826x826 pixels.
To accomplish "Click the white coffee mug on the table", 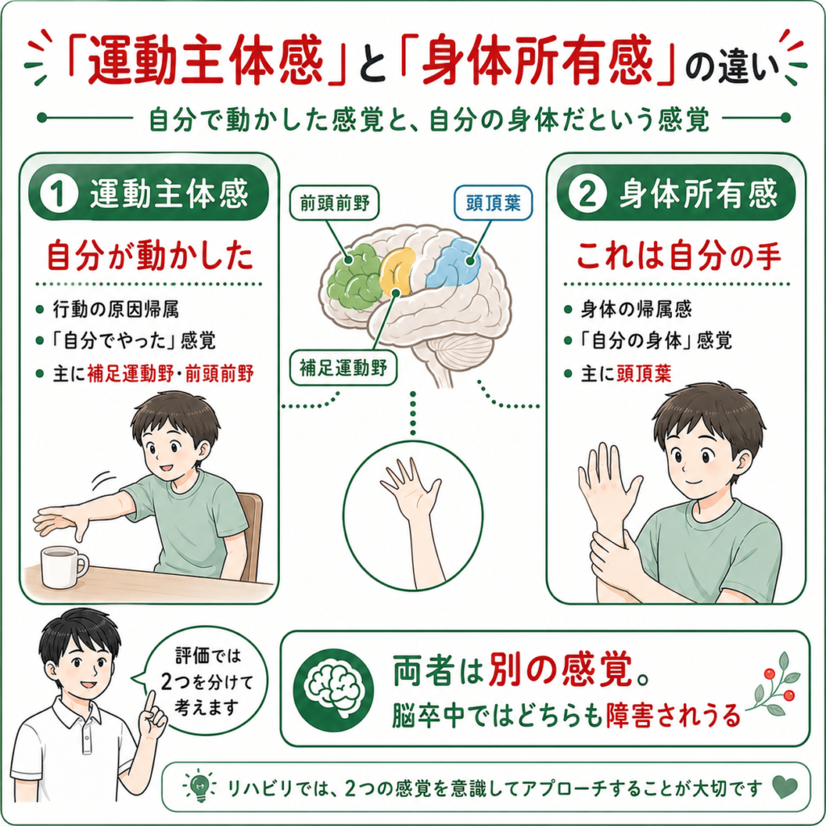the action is point(63,566).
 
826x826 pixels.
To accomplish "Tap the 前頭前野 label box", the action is point(335,202).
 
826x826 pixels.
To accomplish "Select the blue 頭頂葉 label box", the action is point(493,202).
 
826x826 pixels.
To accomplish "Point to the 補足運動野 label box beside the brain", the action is point(343,368).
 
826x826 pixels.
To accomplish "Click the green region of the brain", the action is point(353,277).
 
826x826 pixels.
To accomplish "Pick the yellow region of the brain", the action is point(397,271).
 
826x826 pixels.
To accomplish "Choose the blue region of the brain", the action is point(453,264).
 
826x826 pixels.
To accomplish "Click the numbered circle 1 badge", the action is point(59,194).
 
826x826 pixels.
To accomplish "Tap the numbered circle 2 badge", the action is point(587,194).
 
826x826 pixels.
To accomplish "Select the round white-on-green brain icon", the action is point(334,690).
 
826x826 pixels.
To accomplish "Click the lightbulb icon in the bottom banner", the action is point(199,786).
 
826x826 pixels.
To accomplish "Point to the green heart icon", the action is point(784,787).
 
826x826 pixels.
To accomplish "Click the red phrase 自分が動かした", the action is point(149,256).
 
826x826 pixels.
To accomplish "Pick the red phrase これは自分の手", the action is point(678,257).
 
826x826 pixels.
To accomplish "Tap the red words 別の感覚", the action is point(560,670).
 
